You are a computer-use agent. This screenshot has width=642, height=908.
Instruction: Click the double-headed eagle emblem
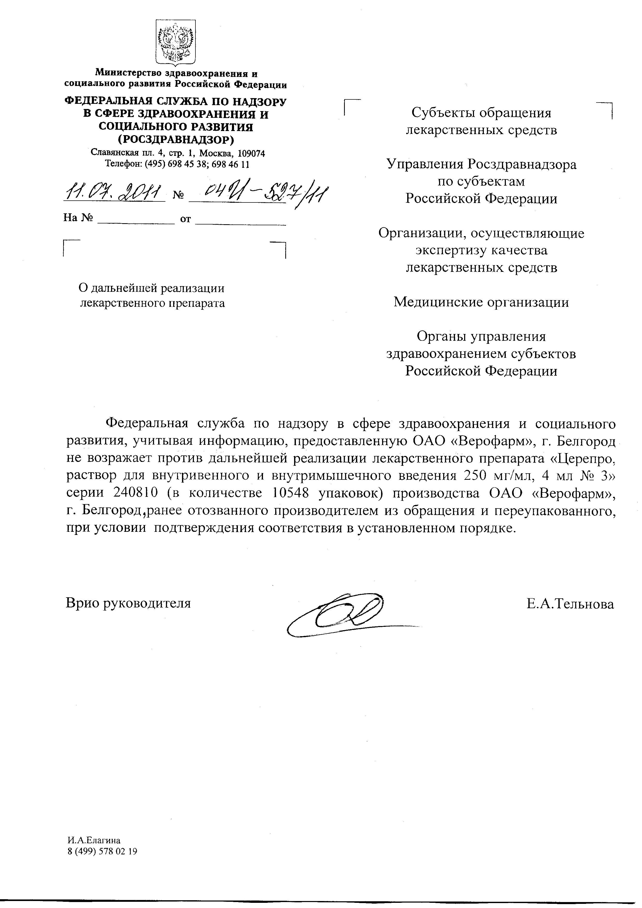175,43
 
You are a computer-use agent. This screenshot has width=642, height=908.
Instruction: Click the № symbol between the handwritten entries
178,196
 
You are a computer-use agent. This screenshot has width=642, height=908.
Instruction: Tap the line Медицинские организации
481,302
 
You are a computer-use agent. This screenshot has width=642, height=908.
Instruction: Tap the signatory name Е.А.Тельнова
570,604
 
